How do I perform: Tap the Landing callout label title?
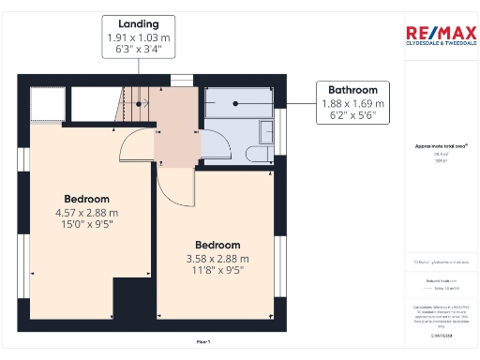(x=139, y=23)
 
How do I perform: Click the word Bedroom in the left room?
(x=86, y=199)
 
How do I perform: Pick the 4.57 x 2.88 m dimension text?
(x=86, y=213)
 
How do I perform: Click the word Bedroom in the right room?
(x=217, y=245)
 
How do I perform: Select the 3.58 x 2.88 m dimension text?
(x=217, y=259)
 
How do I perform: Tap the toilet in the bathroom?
(x=256, y=155)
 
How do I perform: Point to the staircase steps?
(x=137, y=102)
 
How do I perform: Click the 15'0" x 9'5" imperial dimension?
(x=86, y=226)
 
